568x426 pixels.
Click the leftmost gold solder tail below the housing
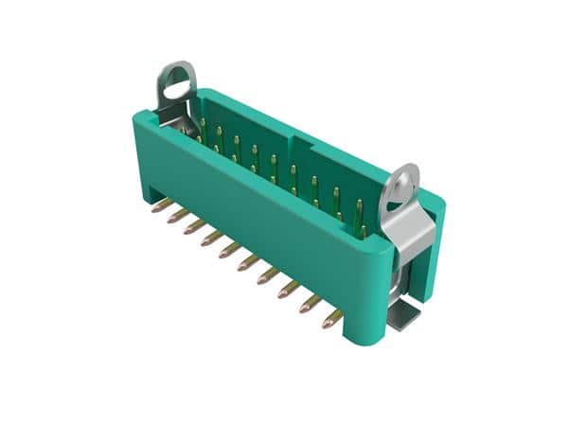[162, 205]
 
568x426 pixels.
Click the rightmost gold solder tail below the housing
[331, 319]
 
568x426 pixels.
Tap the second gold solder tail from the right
[310, 305]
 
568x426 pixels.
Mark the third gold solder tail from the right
[289, 291]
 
